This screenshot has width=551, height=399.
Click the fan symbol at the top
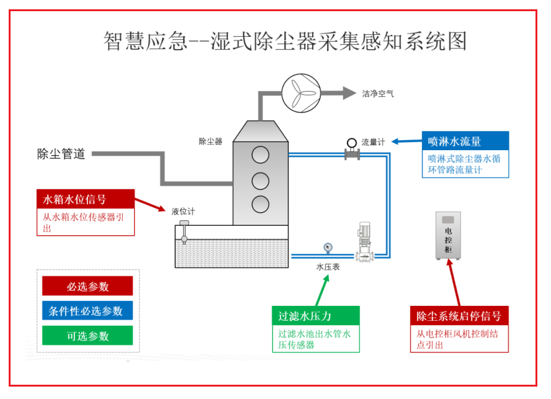pos(301,93)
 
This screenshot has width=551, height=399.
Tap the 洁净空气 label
pos(378,94)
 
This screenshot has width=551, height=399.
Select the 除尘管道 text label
pos(61,154)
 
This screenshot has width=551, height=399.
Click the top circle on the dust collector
pos(261,155)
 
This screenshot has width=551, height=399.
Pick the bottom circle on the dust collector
pos(261,204)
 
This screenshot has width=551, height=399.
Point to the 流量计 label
pos(373,142)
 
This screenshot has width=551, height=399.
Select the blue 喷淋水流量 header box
pos(465,141)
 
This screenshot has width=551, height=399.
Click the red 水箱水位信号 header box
pos(86,199)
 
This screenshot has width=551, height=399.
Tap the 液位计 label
pos(183,211)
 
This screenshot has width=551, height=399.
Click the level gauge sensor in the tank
pos(184,231)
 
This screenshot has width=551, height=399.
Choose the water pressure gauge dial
pos(328,248)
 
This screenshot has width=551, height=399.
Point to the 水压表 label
pos(328,267)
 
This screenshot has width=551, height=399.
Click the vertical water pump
pos(364,242)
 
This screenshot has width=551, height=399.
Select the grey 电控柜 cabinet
pos(448,236)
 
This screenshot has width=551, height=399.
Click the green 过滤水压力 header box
pos(316,316)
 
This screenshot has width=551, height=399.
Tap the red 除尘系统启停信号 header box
pos(459,316)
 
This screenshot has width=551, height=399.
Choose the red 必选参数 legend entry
pos(87,286)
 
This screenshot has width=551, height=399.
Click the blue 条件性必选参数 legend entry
pos(87,310)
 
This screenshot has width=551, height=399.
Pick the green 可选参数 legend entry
pos(87,335)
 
